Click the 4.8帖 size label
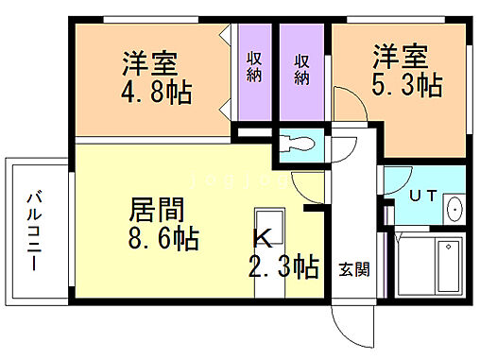tap(155, 94)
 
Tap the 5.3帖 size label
tap(406, 85)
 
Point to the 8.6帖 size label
tap(164, 238)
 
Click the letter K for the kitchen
tap(261, 236)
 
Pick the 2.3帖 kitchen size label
tap(283, 266)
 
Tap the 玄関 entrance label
tap(353, 268)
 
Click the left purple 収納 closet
tap(255, 71)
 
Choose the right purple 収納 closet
tap(302, 71)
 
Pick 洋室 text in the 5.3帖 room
tap(401, 55)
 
